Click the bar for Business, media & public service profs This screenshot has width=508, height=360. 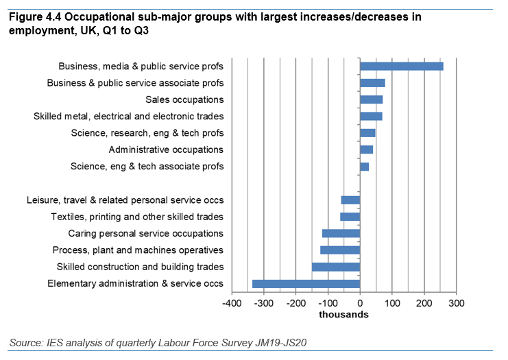click(x=401, y=67)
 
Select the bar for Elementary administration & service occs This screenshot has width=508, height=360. click(x=306, y=283)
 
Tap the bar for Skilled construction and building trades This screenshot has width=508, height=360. click(x=336, y=267)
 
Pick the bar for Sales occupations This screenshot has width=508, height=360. click(x=371, y=100)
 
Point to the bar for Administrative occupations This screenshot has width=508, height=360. click(x=366, y=149)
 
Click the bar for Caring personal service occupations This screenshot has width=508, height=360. click(x=341, y=233)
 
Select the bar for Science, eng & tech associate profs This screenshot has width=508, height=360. click(x=364, y=167)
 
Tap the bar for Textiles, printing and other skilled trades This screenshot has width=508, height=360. click(x=350, y=217)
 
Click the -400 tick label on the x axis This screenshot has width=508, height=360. click(x=231, y=302)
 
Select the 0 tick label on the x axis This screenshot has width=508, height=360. click(x=360, y=302)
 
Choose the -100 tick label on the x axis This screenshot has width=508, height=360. click(x=328, y=302)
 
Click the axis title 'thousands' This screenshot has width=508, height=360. click(x=343, y=315)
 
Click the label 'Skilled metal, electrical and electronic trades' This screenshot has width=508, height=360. click(x=128, y=117)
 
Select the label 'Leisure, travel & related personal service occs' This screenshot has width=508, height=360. click(x=125, y=200)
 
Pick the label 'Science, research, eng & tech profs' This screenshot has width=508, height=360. click(x=147, y=133)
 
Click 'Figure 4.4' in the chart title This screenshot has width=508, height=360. click(x=34, y=19)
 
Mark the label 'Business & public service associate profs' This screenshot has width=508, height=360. click(x=135, y=83)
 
